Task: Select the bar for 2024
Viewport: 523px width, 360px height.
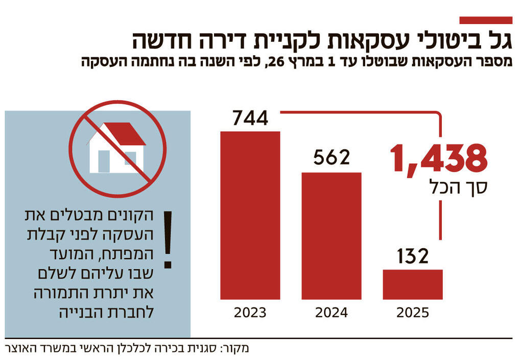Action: (331, 235)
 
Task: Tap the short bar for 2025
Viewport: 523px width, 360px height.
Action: (413, 284)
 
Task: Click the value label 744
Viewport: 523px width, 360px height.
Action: (250, 118)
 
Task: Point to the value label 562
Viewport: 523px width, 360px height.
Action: (331, 158)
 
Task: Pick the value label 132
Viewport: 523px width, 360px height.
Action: (413, 256)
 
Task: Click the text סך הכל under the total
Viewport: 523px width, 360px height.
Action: (459, 188)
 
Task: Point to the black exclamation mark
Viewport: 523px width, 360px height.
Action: (168, 240)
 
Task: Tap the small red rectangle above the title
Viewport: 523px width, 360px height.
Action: (486, 20)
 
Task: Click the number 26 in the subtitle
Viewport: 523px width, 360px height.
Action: (276, 62)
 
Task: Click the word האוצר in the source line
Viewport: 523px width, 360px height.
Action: (21, 349)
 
